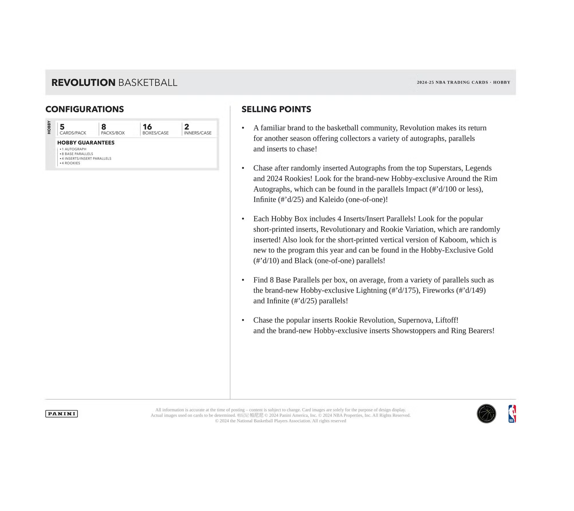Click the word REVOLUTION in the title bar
click(x=83, y=83)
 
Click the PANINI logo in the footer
click(x=62, y=414)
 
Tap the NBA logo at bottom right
click(x=512, y=414)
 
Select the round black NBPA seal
click(x=486, y=414)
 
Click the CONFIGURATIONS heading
click(x=85, y=109)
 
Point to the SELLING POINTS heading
click(x=276, y=109)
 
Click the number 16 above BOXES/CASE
click(x=147, y=127)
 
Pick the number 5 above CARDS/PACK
click(x=62, y=127)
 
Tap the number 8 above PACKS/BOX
click(x=104, y=127)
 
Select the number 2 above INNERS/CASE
click(x=187, y=127)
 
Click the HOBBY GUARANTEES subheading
click(x=86, y=143)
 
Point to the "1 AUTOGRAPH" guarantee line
click(x=74, y=149)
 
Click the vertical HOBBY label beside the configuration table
click(x=49, y=127)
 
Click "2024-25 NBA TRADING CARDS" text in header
click(x=452, y=83)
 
